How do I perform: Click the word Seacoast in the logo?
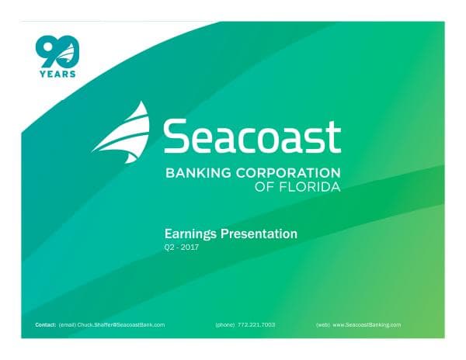(252, 137)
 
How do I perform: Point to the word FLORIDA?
(312, 187)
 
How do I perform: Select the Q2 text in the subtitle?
(169, 247)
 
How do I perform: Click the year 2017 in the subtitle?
(189, 247)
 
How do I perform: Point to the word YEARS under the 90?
(57, 74)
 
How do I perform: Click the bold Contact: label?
(46, 324)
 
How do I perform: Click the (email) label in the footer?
(67, 324)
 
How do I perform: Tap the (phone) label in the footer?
(225, 324)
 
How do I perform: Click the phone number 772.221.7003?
(257, 324)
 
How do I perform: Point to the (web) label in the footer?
(323, 324)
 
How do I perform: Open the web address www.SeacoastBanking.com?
(367, 324)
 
